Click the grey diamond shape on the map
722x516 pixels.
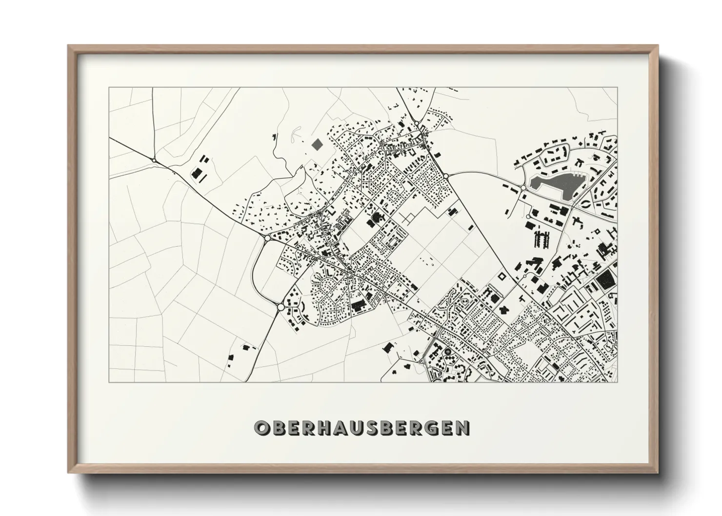(317, 144)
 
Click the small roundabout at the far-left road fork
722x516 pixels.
(154, 160)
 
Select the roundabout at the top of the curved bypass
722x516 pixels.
(268, 238)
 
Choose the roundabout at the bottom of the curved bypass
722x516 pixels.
(281, 307)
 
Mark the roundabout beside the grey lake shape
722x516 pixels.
(523, 187)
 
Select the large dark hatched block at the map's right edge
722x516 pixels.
(605, 280)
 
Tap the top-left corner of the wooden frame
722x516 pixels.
(69, 46)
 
